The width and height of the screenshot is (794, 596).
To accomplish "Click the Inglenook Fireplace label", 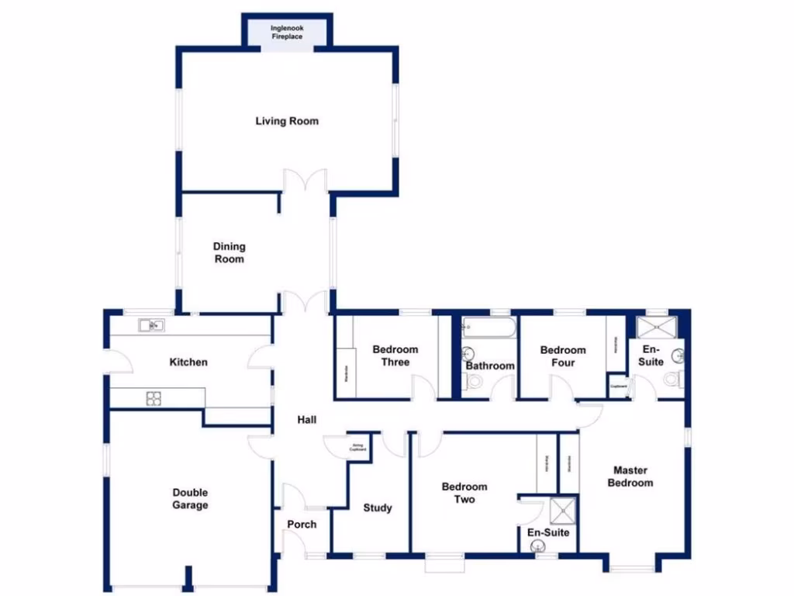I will click(287, 33).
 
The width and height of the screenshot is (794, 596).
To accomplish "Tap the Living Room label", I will click(287, 121).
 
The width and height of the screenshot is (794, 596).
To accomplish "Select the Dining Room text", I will click(229, 252).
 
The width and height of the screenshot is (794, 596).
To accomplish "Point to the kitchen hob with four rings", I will click(154, 398).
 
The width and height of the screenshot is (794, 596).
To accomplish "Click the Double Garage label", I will click(190, 499).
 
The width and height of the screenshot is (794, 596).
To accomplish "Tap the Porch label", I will click(302, 525).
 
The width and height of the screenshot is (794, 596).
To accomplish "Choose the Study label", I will click(378, 508).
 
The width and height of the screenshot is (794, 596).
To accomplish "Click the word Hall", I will click(307, 420).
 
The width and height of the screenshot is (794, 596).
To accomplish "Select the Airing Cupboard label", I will click(357, 447).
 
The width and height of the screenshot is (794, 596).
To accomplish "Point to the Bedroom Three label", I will click(395, 355).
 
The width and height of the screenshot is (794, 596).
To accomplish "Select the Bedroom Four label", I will click(563, 356).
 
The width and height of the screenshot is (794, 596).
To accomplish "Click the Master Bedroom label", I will click(630, 476).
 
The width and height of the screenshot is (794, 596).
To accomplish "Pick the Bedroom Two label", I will click(464, 493).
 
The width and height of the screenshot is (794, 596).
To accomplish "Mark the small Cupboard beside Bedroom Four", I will click(618, 386).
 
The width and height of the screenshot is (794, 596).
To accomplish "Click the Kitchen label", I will click(188, 362).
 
